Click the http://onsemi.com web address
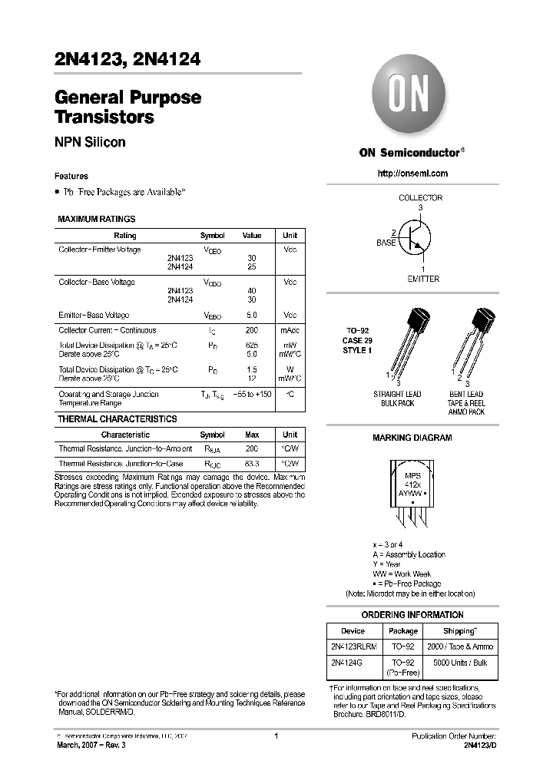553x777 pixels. click(412, 174)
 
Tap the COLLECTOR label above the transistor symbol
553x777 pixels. click(420, 198)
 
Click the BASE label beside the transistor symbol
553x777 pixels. click(386, 243)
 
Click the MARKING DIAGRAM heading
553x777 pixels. click(412, 438)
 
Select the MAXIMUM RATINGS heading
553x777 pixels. click(97, 220)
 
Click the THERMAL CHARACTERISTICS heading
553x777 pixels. click(118, 419)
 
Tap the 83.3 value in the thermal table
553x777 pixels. click(252, 464)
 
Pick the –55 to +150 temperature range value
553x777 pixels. click(252, 394)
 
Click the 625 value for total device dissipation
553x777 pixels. click(252, 346)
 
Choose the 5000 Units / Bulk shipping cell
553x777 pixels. click(470, 662)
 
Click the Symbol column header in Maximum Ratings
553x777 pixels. click(213, 236)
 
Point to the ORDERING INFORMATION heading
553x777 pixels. click(412, 615)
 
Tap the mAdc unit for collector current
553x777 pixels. click(290, 329)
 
